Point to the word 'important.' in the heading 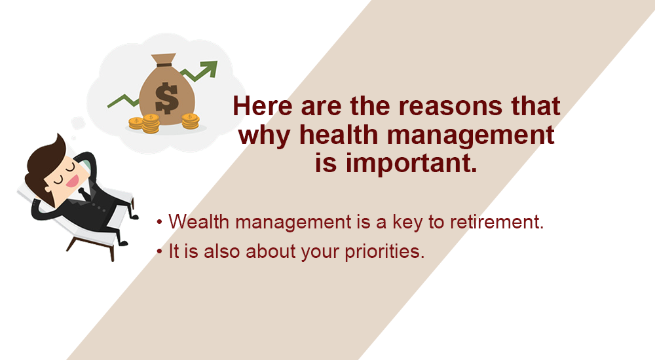(x=395, y=162)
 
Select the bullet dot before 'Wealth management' (x=159, y=223)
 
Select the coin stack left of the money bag (x=151, y=123)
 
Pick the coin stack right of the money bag (x=190, y=120)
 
